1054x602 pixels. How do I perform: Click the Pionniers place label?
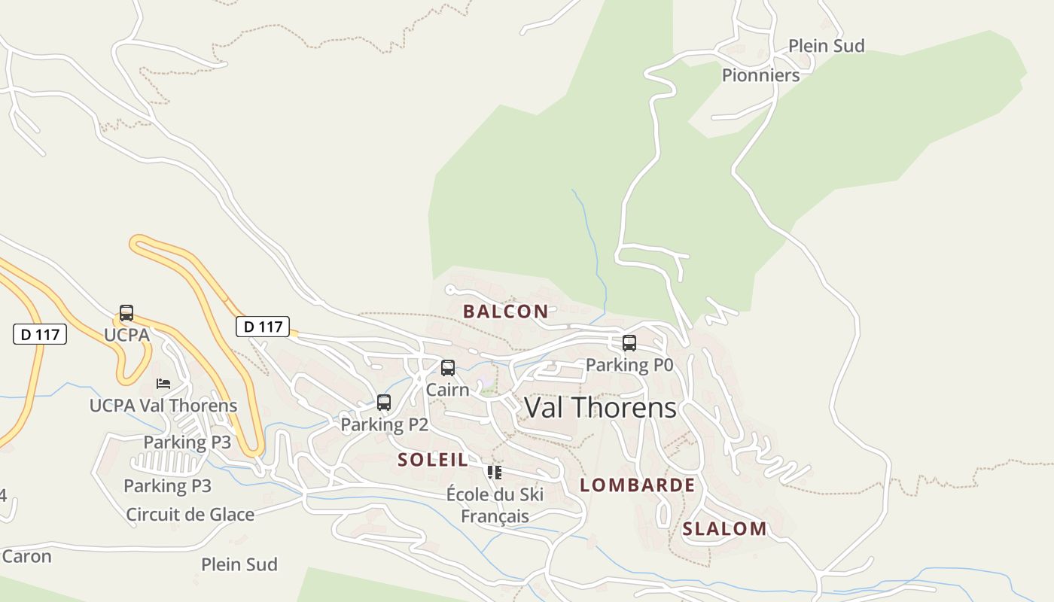tap(760, 75)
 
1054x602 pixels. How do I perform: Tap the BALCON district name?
tap(506, 312)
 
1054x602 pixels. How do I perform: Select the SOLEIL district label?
tap(433, 460)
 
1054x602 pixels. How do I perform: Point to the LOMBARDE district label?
tap(638, 485)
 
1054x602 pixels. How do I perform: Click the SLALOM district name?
tap(724, 529)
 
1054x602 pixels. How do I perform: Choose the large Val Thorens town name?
tap(600, 408)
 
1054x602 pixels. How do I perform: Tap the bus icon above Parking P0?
tap(629, 343)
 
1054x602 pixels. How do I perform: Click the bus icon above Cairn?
tap(448, 368)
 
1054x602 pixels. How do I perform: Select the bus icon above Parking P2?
tap(384, 403)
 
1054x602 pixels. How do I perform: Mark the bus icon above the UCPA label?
tap(126, 313)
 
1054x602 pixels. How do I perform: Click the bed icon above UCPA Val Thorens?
tap(163, 384)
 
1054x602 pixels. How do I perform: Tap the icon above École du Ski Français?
tap(495, 473)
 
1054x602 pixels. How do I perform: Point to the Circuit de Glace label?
tap(190, 515)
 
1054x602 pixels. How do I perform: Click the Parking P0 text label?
tap(629, 365)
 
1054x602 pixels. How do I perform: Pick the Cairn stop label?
tap(447, 390)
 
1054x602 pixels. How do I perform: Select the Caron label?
tap(27, 557)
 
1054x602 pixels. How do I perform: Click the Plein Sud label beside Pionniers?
tap(826, 46)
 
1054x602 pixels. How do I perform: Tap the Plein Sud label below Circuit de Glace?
tap(239, 564)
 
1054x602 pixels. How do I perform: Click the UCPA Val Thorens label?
tap(163, 406)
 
